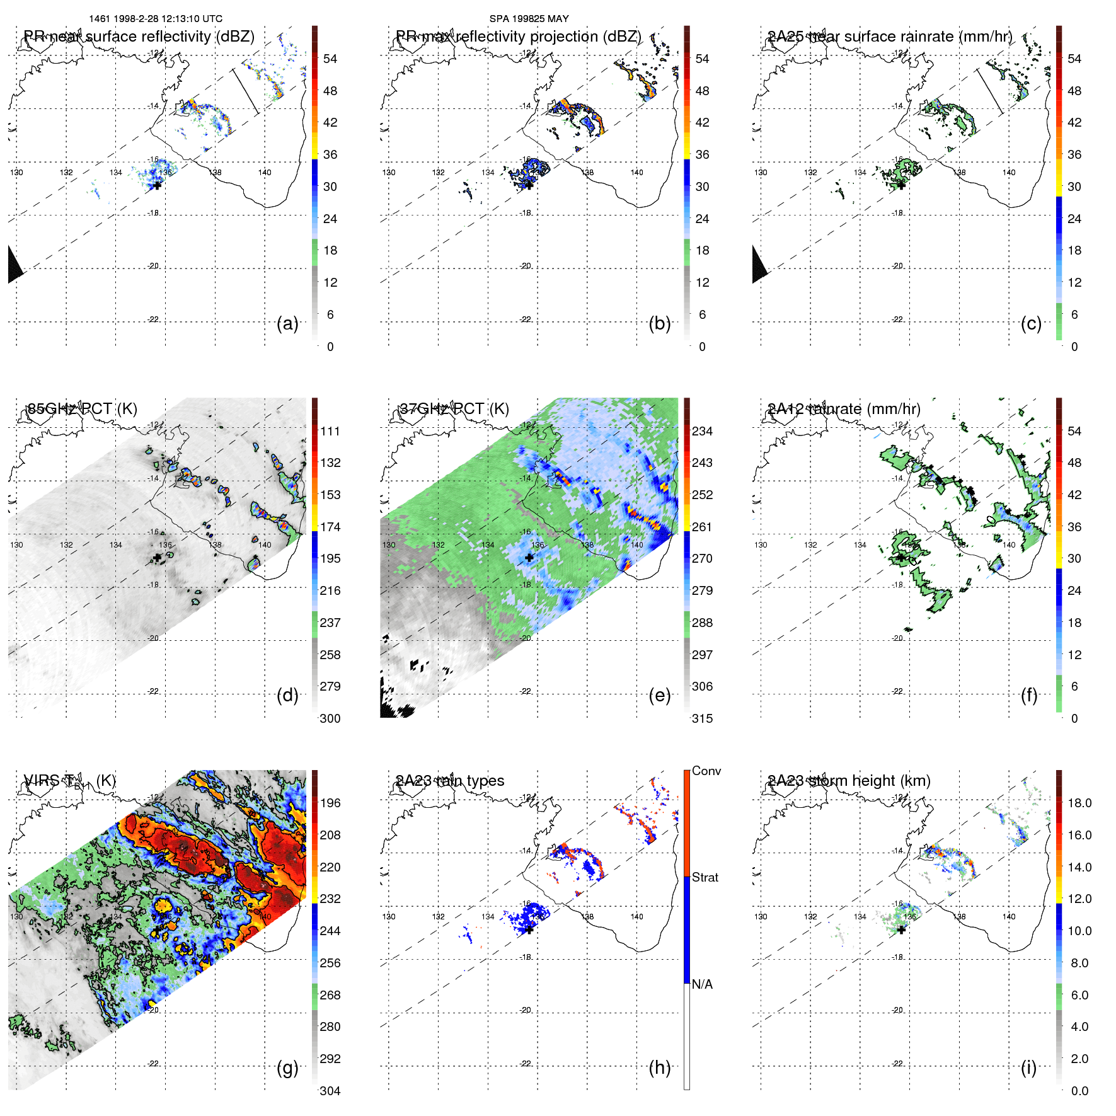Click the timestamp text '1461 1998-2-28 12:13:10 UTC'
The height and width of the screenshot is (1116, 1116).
click(156, 19)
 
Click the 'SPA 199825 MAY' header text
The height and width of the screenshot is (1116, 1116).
click(529, 19)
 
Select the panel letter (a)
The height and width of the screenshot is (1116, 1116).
click(287, 323)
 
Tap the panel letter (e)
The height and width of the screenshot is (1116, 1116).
click(660, 695)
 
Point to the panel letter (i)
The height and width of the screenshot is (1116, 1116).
click(1028, 1067)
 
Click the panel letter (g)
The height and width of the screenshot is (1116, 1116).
click(287, 1067)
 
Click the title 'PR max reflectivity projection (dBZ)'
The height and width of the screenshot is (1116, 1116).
click(518, 37)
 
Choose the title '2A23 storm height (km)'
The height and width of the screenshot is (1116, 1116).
click(849, 781)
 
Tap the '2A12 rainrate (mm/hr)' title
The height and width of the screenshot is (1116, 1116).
click(844, 409)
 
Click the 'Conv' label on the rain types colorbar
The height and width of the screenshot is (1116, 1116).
click(706, 771)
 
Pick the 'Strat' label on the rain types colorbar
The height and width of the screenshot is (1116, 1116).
click(705, 877)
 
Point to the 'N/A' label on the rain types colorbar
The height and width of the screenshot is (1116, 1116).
click(702, 984)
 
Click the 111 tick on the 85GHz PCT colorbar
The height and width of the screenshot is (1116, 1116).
click(330, 431)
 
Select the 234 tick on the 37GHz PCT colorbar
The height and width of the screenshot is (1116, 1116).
click(702, 431)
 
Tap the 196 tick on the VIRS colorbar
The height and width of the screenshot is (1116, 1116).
click(330, 803)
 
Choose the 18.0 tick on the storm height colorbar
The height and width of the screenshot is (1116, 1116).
click(1079, 803)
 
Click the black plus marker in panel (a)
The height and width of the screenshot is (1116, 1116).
click(157, 185)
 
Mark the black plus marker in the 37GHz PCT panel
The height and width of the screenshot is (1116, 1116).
click(529, 558)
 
